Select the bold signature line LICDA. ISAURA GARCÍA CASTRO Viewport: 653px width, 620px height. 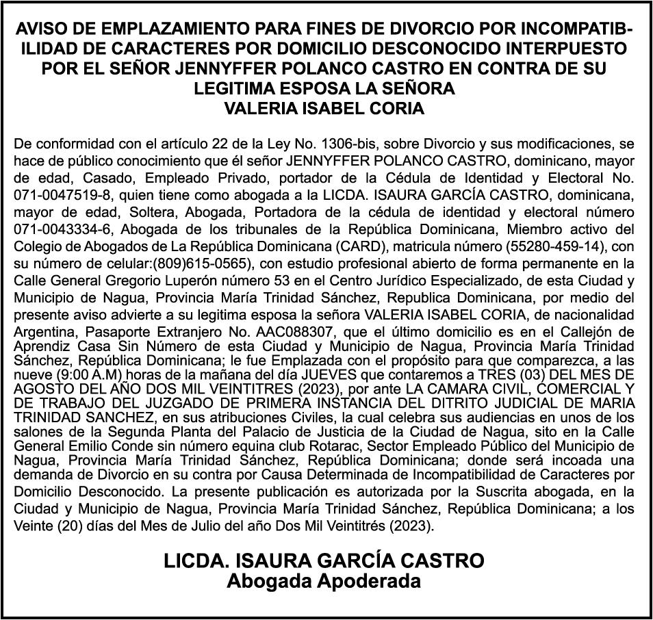click(x=324, y=561)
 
